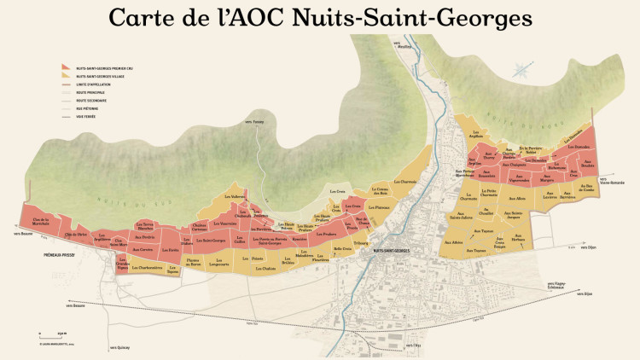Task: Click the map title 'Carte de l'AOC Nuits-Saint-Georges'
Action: [319, 18]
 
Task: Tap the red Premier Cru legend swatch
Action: [66, 67]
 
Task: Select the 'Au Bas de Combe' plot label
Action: [585, 187]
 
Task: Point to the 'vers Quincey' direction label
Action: [120, 348]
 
